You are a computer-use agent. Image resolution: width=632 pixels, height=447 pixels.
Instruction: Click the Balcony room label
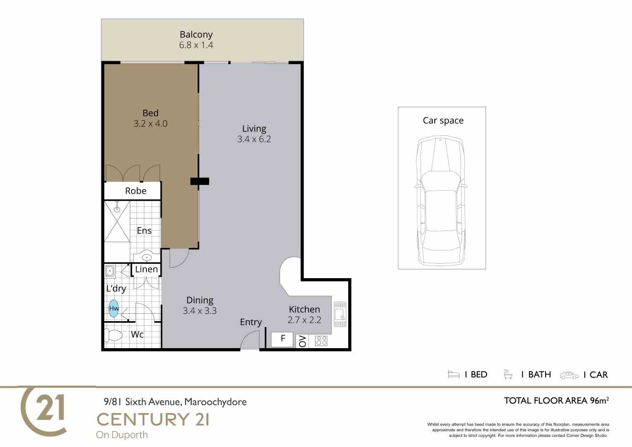[196, 34]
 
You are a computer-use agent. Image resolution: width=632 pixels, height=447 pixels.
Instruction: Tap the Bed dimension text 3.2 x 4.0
[151, 124]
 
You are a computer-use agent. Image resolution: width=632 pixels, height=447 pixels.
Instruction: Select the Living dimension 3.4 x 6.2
[254, 139]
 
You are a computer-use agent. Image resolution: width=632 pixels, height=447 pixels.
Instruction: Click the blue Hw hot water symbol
[113, 308]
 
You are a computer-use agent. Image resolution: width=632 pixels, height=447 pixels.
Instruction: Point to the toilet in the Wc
[113, 336]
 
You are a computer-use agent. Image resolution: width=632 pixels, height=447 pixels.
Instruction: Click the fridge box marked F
[282, 339]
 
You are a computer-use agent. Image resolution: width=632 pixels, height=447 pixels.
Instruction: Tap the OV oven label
[302, 341]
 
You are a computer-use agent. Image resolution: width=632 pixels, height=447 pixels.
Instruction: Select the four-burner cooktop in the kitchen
[321, 341]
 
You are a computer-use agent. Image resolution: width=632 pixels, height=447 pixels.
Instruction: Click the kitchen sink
[340, 314]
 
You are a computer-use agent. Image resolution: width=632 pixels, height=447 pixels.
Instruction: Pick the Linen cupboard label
[146, 269]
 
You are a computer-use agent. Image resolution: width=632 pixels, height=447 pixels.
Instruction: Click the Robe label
[136, 191]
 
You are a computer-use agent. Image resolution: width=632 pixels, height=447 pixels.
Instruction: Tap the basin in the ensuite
[146, 256]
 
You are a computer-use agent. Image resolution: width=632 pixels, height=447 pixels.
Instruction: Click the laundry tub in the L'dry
[110, 271]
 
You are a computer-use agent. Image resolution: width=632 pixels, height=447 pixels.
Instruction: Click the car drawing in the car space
[441, 200]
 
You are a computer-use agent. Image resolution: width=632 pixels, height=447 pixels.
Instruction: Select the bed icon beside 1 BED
[454, 375]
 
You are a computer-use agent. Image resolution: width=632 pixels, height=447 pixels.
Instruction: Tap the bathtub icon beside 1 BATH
[508, 374]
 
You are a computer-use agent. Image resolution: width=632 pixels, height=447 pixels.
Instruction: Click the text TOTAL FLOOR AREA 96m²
[556, 400]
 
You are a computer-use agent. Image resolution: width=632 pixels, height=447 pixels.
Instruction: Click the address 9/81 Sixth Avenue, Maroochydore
[175, 401]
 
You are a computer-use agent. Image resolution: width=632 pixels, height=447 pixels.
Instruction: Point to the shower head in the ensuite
[117, 207]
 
